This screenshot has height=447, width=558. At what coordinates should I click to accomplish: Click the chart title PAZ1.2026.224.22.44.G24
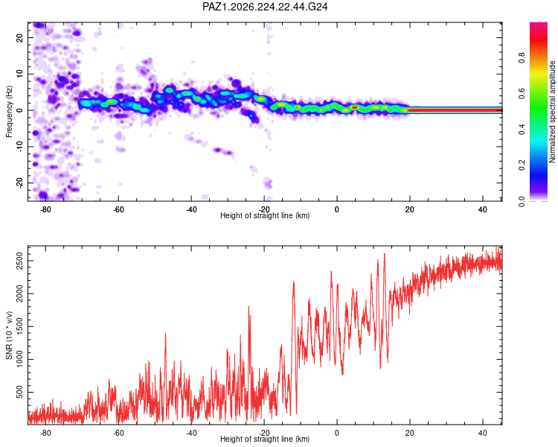pos(265,7)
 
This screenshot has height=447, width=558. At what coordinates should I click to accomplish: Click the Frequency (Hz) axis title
pos(9,112)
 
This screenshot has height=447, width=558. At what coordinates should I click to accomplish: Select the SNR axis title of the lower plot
pos(9,335)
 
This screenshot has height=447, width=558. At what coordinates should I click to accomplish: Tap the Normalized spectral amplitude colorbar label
pos(552,112)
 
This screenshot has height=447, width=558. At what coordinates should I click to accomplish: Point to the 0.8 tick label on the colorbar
pos(522,57)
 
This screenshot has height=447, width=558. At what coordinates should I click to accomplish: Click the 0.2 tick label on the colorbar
pos(522,165)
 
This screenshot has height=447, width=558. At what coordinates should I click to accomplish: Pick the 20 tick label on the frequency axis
pos(19,37)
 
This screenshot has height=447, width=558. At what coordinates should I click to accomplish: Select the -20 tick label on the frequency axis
pos(19,183)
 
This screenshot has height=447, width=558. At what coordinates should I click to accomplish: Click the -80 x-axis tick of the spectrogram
pos(45,209)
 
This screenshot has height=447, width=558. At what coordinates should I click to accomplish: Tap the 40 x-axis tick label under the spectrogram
pos(483,209)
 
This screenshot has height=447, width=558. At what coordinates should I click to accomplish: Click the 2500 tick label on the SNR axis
pos(19,261)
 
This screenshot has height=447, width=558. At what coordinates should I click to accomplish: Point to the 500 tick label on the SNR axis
pos(19,392)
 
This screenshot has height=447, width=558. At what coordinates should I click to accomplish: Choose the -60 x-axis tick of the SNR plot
pos(118,433)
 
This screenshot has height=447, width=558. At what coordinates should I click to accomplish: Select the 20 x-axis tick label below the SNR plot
pos(410,433)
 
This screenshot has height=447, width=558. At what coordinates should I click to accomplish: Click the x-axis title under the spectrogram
pos(265,215)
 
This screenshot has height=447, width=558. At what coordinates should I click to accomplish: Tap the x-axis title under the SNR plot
pos(265,439)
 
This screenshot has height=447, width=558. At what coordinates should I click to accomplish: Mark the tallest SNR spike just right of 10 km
pos(385,254)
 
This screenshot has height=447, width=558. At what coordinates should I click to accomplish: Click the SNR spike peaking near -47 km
pos(165,334)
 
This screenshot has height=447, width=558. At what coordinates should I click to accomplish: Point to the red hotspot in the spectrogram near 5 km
pos(354,107)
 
